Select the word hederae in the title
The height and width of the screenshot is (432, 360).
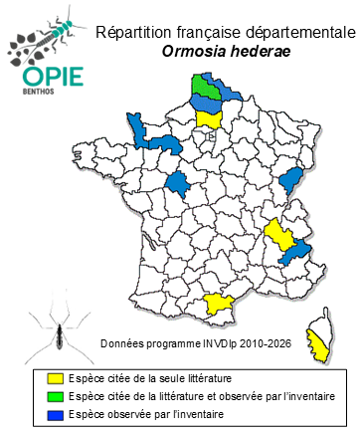pos(250,52)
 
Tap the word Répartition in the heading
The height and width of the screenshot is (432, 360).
pos(131,33)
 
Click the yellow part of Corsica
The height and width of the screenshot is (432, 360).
pos(319,343)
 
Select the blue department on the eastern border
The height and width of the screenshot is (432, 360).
pos(291,180)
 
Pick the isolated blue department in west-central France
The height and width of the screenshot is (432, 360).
pos(179,184)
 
